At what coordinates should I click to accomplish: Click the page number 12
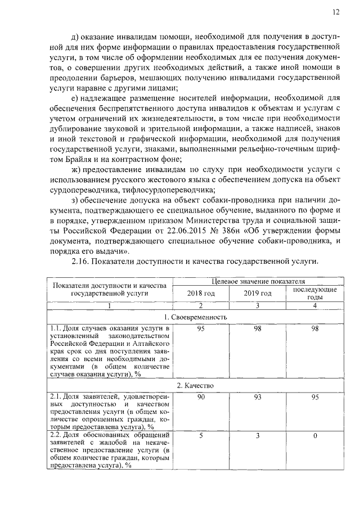click(x=336, y=11)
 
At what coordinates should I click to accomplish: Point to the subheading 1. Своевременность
click(x=195, y=317)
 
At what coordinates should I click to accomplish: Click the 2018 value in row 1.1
click(x=201, y=328)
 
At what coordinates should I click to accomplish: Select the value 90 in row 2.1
click(x=201, y=398)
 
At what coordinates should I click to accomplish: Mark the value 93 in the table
click(x=258, y=398)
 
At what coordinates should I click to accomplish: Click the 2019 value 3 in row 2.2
click(x=258, y=435)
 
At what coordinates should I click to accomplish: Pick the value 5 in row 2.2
click(x=201, y=435)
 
